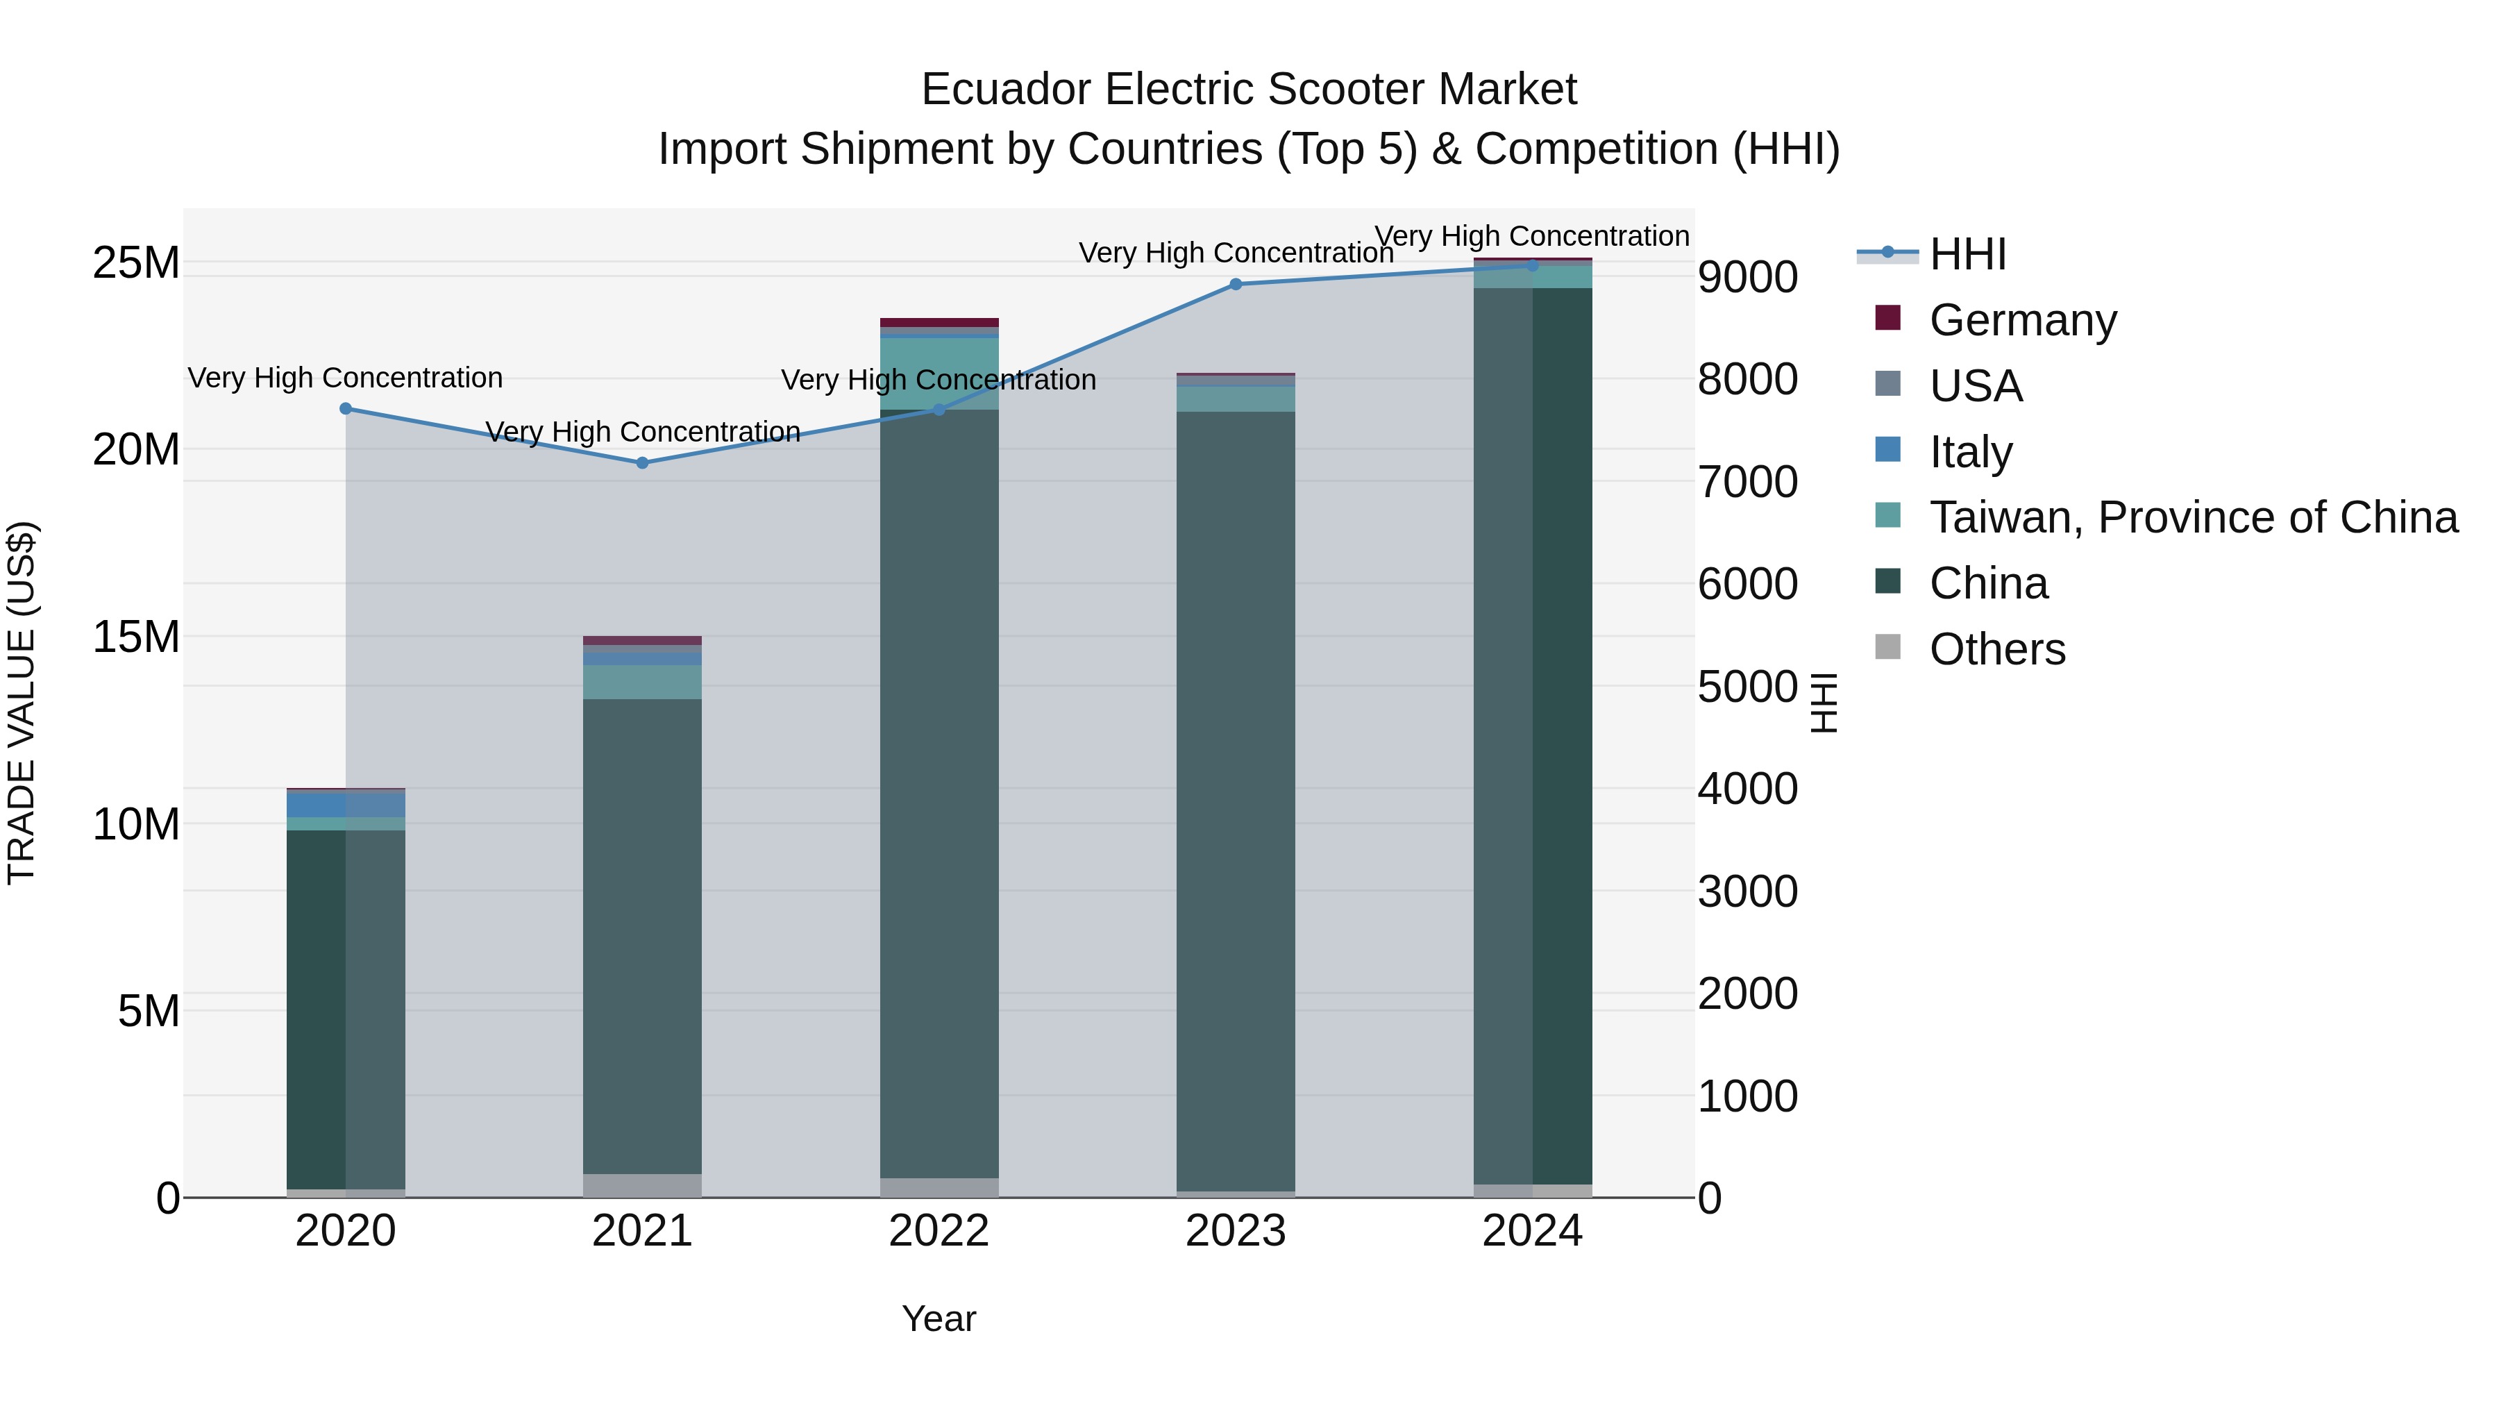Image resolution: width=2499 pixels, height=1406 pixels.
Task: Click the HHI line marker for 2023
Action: coord(1235,284)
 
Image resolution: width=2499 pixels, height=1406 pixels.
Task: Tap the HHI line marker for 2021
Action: coord(642,463)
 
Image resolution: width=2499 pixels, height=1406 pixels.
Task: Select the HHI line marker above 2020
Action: coord(346,408)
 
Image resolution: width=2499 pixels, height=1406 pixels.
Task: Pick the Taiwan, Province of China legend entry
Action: coord(2192,517)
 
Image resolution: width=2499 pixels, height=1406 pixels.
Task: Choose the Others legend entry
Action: coord(1996,649)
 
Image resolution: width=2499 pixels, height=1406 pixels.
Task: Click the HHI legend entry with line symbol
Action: coord(1967,254)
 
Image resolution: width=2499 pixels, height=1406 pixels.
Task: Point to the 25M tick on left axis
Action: coord(136,263)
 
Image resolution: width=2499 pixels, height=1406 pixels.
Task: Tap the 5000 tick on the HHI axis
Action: coord(1747,687)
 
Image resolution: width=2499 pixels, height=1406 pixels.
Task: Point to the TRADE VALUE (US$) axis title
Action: coord(22,703)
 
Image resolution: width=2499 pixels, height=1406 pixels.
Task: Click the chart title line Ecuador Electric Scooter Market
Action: coord(1249,90)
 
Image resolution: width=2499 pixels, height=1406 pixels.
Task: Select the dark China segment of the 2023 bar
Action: coord(1235,796)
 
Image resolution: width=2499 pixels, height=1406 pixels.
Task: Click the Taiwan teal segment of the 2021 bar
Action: coord(642,682)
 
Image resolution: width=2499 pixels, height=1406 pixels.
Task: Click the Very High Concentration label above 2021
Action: coord(642,432)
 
